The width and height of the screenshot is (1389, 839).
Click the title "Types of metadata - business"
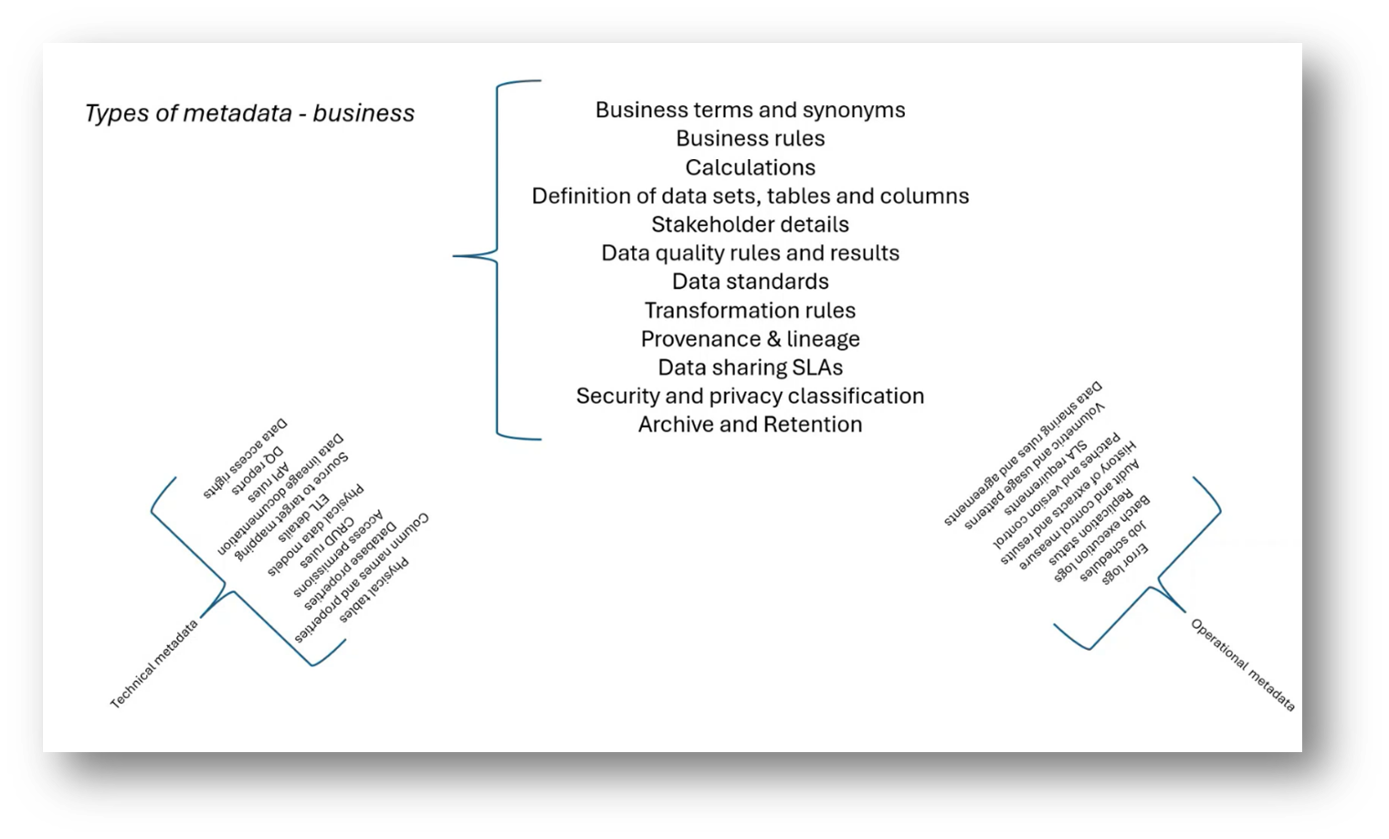249,113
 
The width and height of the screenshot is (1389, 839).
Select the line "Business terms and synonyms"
750,110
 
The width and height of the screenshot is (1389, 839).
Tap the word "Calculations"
750,167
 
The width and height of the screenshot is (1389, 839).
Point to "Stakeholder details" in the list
750,224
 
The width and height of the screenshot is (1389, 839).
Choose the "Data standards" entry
750,281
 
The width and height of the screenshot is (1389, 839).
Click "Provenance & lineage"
750,339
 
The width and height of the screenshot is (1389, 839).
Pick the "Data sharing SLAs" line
750,367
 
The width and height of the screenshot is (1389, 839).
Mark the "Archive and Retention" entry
750,424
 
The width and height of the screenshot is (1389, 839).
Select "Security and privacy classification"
750,396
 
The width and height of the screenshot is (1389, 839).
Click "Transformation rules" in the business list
750,311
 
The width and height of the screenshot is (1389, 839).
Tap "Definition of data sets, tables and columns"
750,196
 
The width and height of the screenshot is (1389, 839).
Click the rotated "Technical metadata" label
153,664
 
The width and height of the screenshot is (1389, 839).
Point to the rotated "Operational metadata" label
1243,664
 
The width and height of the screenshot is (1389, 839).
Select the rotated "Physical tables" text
374,589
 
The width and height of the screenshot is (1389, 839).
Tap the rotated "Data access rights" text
245,458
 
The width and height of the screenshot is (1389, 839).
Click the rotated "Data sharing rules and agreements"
1023,454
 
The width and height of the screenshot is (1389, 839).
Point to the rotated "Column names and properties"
362,577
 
